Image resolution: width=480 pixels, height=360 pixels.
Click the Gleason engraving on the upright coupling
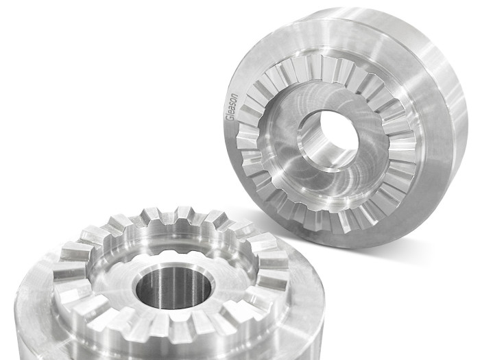click(232, 107)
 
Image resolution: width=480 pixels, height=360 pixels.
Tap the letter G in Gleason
click(230, 119)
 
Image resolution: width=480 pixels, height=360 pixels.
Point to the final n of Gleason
click(235, 95)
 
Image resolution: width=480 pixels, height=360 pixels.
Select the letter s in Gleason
click(232, 104)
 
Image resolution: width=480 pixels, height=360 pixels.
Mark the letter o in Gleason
click(234, 100)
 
